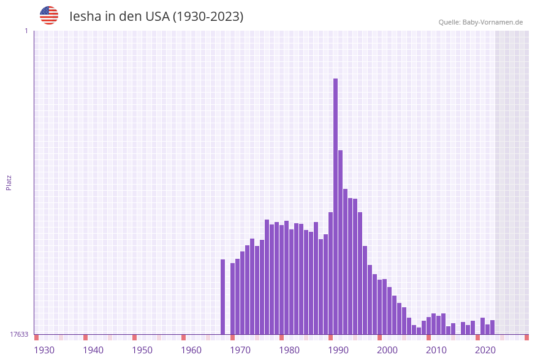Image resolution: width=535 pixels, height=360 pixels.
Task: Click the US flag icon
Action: pyautogui.click(x=49, y=15)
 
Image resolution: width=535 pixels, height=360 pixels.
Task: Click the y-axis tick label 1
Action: pyautogui.click(x=26, y=31)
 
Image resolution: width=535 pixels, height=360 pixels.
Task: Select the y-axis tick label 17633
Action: pyautogui.click(x=19, y=334)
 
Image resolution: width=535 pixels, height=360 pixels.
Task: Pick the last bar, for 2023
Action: pyautogui.click(x=492, y=327)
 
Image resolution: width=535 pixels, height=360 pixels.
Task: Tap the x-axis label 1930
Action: pyautogui.click(x=44, y=350)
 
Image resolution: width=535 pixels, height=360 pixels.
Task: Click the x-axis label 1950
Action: pyautogui.click(x=142, y=350)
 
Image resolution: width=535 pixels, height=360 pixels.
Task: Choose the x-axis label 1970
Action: pyautogui.click(x=240, y=350)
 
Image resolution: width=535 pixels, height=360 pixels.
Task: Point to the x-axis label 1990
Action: pyautogui.click(x=338, y=350)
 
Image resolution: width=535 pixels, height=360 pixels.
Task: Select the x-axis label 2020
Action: pyautogui.click(x=485, y=350)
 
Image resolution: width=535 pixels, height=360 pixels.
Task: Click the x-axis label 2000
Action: pyautogui.click(x=387, y=350)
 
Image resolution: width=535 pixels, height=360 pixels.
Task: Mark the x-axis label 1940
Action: pyautogui.click(x=93, y=350)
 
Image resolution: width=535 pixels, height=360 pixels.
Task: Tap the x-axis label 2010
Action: pyautogui.click(x=436, y=350)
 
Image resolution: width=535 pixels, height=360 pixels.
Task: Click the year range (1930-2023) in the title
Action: pyautogui.click(x=208, y=17)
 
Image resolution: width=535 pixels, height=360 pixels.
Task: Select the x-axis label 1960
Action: pyautogui.click(x=191, y=350)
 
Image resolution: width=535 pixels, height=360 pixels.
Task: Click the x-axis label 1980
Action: pyautogui.click(x=289, y=350)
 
